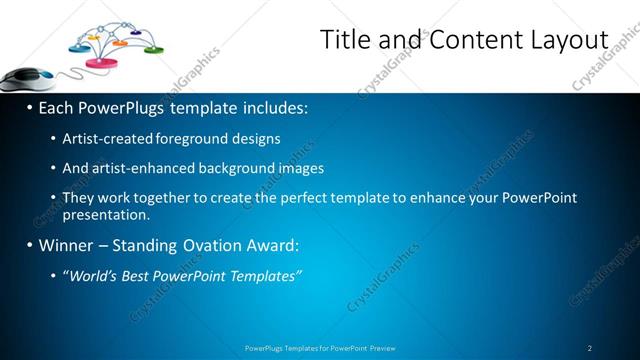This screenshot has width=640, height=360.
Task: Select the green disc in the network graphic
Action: click(153, 48)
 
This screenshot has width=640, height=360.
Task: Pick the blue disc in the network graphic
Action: click(79, 47)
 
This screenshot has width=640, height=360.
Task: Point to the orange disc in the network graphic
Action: click(120, 43)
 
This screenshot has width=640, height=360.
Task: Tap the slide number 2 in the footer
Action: click(590, 348)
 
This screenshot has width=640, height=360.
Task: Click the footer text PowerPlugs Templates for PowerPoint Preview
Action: click(320, 348)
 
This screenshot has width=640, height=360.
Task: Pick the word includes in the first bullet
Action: click(271, 107)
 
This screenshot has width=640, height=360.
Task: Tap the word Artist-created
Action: click(107, 139)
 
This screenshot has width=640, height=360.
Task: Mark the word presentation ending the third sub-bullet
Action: click(105, 214)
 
